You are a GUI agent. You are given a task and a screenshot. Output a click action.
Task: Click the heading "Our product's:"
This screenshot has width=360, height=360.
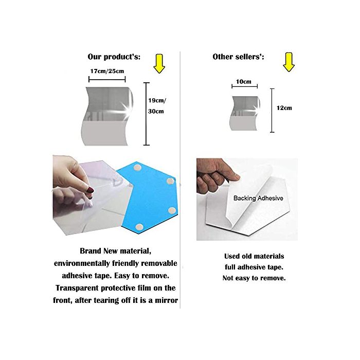coord(114,57)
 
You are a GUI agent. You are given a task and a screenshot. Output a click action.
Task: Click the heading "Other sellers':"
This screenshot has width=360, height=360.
coord(238,57)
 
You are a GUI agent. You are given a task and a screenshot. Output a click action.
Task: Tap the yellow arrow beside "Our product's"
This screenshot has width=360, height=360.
coord(159,64)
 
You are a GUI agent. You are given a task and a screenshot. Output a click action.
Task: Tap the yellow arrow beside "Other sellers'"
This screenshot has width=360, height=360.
coord(289,62)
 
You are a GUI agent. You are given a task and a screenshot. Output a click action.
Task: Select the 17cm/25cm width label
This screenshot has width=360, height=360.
coord(107,71)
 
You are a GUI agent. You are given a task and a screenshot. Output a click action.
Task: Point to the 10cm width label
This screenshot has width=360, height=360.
coord(244,81)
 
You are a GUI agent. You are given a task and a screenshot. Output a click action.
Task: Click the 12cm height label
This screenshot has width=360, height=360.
coord(284,108)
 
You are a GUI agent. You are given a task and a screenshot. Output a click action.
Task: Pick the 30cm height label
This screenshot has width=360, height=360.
coord(156,112)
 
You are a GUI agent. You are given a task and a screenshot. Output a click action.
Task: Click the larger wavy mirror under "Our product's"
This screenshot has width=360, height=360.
coord(107,116)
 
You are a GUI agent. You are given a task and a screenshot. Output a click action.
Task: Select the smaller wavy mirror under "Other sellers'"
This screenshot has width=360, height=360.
coord(245,113)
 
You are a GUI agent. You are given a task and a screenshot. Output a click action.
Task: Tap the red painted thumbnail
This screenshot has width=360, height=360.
coord(91,190)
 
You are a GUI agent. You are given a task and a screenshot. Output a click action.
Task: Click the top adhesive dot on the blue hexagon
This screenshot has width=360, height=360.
coord(137,168)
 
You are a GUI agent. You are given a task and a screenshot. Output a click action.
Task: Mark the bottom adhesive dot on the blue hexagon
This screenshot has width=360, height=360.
coord(139,227)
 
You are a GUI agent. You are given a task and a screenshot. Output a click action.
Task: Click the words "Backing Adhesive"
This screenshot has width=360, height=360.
coord(258,198)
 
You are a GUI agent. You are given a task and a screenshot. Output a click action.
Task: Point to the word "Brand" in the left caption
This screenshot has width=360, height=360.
coord(91,251)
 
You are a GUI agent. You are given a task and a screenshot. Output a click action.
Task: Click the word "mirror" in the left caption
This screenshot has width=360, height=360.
coord(167,300)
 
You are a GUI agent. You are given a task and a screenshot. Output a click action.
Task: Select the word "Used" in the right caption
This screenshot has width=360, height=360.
coord(232,256)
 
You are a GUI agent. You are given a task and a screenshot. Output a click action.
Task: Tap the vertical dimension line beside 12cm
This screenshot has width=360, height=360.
coord(272,111)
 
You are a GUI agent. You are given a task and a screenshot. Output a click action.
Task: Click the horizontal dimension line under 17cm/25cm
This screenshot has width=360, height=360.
coord(107,80)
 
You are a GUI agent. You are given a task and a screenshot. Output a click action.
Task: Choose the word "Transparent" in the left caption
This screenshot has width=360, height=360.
coord(77,288)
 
